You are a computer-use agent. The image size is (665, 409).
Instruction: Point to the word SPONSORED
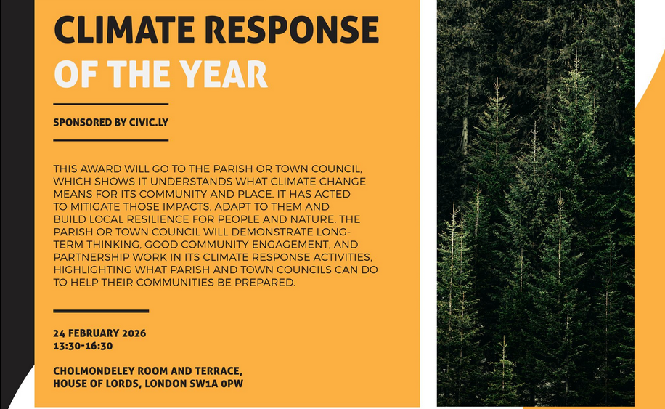[x=83, y=123]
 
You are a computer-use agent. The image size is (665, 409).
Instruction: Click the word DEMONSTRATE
[x=262, y=232]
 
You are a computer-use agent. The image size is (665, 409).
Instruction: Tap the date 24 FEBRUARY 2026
[x=99, y=333]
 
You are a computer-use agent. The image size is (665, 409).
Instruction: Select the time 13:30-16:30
[x=83, y=347]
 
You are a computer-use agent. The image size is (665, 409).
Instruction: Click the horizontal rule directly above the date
[x=101, y=311]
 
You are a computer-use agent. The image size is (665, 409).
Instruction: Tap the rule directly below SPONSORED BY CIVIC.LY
[x=110, y=139]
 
